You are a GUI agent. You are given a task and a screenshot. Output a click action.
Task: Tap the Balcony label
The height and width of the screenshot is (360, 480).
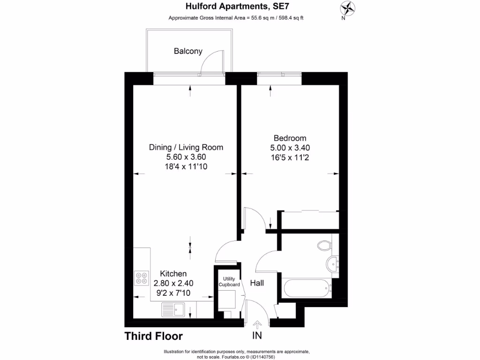coord(188,51)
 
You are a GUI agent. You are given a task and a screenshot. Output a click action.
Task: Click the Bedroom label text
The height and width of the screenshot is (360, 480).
coord(290,138)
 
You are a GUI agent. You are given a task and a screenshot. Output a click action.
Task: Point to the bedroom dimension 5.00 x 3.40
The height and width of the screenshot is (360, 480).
coord(290,148)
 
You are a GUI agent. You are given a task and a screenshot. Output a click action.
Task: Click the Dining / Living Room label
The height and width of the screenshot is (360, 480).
coord(186,147)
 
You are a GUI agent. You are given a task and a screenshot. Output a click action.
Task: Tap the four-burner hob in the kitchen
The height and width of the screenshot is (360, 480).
coord(141,278)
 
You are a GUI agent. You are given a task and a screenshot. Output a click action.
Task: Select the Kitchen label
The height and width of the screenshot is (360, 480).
coord(173,274)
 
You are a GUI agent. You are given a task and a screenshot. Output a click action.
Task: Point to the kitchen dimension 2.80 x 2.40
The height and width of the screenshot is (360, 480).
coord(173,283)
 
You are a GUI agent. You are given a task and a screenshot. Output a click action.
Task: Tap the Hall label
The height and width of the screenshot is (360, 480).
coord(257,283)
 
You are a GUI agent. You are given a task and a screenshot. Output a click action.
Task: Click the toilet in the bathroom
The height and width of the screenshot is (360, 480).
coord(324,245)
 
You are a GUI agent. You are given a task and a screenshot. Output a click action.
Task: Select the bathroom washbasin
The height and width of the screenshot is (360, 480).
coord(334,263)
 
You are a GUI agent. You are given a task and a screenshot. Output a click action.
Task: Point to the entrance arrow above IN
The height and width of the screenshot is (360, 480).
coord(257,324)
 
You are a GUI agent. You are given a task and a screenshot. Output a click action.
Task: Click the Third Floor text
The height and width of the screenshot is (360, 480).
coord(153,336)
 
